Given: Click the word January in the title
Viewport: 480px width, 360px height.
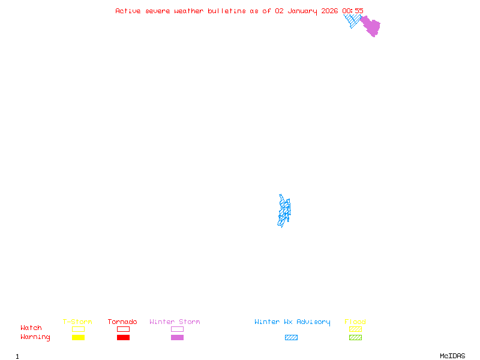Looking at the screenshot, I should (302, 11).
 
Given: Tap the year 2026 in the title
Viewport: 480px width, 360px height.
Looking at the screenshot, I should (329, 11).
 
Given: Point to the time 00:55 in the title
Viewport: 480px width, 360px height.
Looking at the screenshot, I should (353, 11).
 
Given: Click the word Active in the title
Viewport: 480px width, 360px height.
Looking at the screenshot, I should (128, 11).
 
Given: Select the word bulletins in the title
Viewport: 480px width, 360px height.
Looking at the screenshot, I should (227, 11).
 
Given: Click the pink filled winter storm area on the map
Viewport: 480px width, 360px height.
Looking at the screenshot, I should (371, 26).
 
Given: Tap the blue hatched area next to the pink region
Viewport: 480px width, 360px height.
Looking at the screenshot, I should (352, 20).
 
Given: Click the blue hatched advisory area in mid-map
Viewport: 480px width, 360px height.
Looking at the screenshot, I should (284, 211).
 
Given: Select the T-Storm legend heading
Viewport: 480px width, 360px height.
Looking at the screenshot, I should (77, 322).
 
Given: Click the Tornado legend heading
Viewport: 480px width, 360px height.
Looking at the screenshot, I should (122, 322).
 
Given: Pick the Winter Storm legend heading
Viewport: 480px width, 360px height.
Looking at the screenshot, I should (175, 322).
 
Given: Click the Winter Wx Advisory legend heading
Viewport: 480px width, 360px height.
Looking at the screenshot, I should (292, 322).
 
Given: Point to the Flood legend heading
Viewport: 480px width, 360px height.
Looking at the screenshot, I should (355, 322).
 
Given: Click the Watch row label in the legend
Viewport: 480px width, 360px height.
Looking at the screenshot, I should (31, 328).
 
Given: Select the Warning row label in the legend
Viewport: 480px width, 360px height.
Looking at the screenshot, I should (35, 337).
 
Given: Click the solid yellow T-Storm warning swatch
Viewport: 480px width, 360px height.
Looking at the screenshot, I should (78, 338).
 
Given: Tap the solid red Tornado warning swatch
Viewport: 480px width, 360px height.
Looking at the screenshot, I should (123, 338).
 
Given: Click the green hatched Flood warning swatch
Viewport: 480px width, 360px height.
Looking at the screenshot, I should (355, 338).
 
